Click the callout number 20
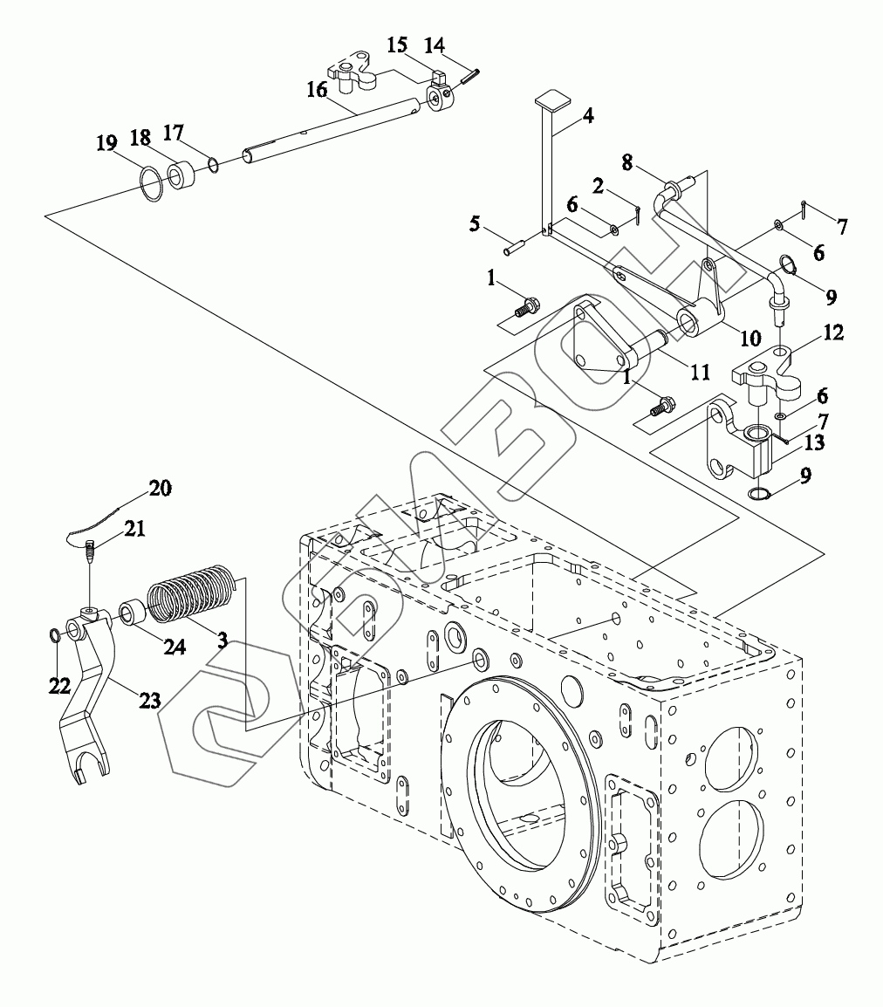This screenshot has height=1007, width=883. [x=160, y=488]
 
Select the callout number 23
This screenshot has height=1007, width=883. [x=149, y=699]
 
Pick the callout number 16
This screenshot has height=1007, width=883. [x=317, y=89]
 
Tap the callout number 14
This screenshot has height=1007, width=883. [x=435, y=45]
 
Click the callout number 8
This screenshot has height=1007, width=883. [x=626, y=162]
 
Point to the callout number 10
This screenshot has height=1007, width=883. [x=750, y=337]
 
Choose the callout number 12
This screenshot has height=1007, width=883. [x=833, y=332]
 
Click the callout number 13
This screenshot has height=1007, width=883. [x=814, y=442]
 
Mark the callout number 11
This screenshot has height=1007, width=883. [x=700, y=372]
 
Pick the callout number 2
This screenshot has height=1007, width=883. [x=598, y=186]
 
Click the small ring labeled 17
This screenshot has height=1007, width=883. [x=214, y=167]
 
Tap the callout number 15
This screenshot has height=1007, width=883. [x=397, y=45]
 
